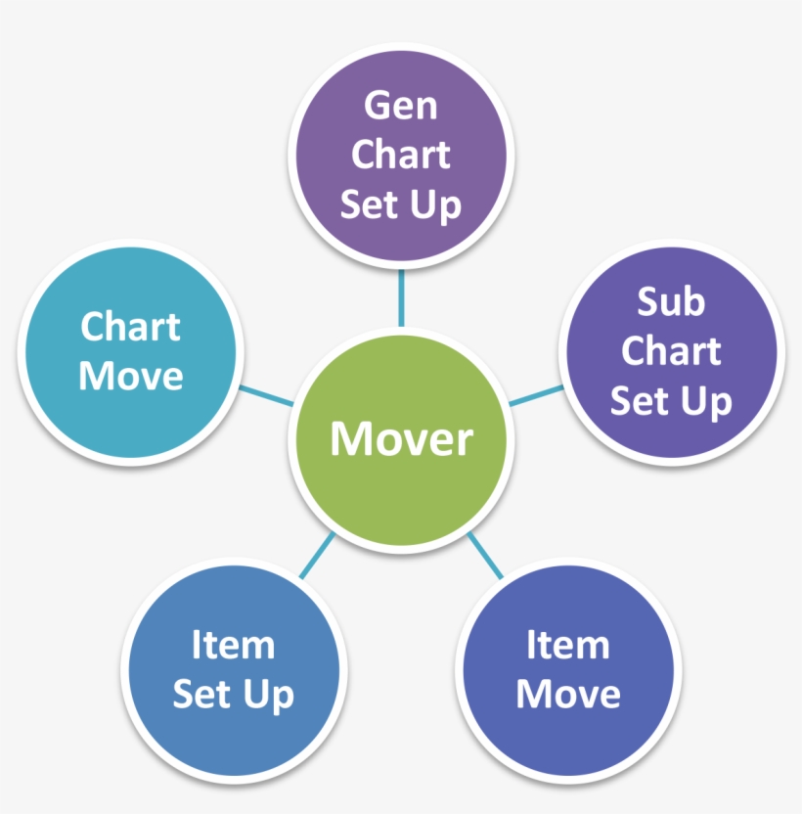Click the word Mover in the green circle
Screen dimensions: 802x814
point(401,438)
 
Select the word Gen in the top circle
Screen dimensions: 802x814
point(401,106)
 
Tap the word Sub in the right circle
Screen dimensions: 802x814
point(671,301)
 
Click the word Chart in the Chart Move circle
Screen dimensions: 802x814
point(130,327)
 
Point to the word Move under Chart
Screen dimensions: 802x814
point(131,376)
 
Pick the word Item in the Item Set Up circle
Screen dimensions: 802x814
point(233,645)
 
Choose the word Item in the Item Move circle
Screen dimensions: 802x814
point(568,645)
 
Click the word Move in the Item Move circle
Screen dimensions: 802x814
point(568,694)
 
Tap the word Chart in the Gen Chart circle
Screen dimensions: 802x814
point(401,155)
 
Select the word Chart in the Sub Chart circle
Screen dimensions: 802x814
point(671,350)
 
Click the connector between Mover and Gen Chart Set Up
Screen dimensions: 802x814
point(401,298)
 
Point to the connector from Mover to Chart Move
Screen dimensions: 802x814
point(266,395)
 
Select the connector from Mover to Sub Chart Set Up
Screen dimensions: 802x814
point(536,395)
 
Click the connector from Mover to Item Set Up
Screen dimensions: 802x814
point(318,555)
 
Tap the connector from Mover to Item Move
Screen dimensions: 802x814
point(485,555)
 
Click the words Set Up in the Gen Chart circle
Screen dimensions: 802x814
point(401,205)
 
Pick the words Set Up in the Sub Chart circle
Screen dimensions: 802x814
point(671,402)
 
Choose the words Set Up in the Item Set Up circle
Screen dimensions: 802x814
point(233,696)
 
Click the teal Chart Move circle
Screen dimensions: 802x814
point(131,352)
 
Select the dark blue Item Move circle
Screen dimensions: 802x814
point(568,670)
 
